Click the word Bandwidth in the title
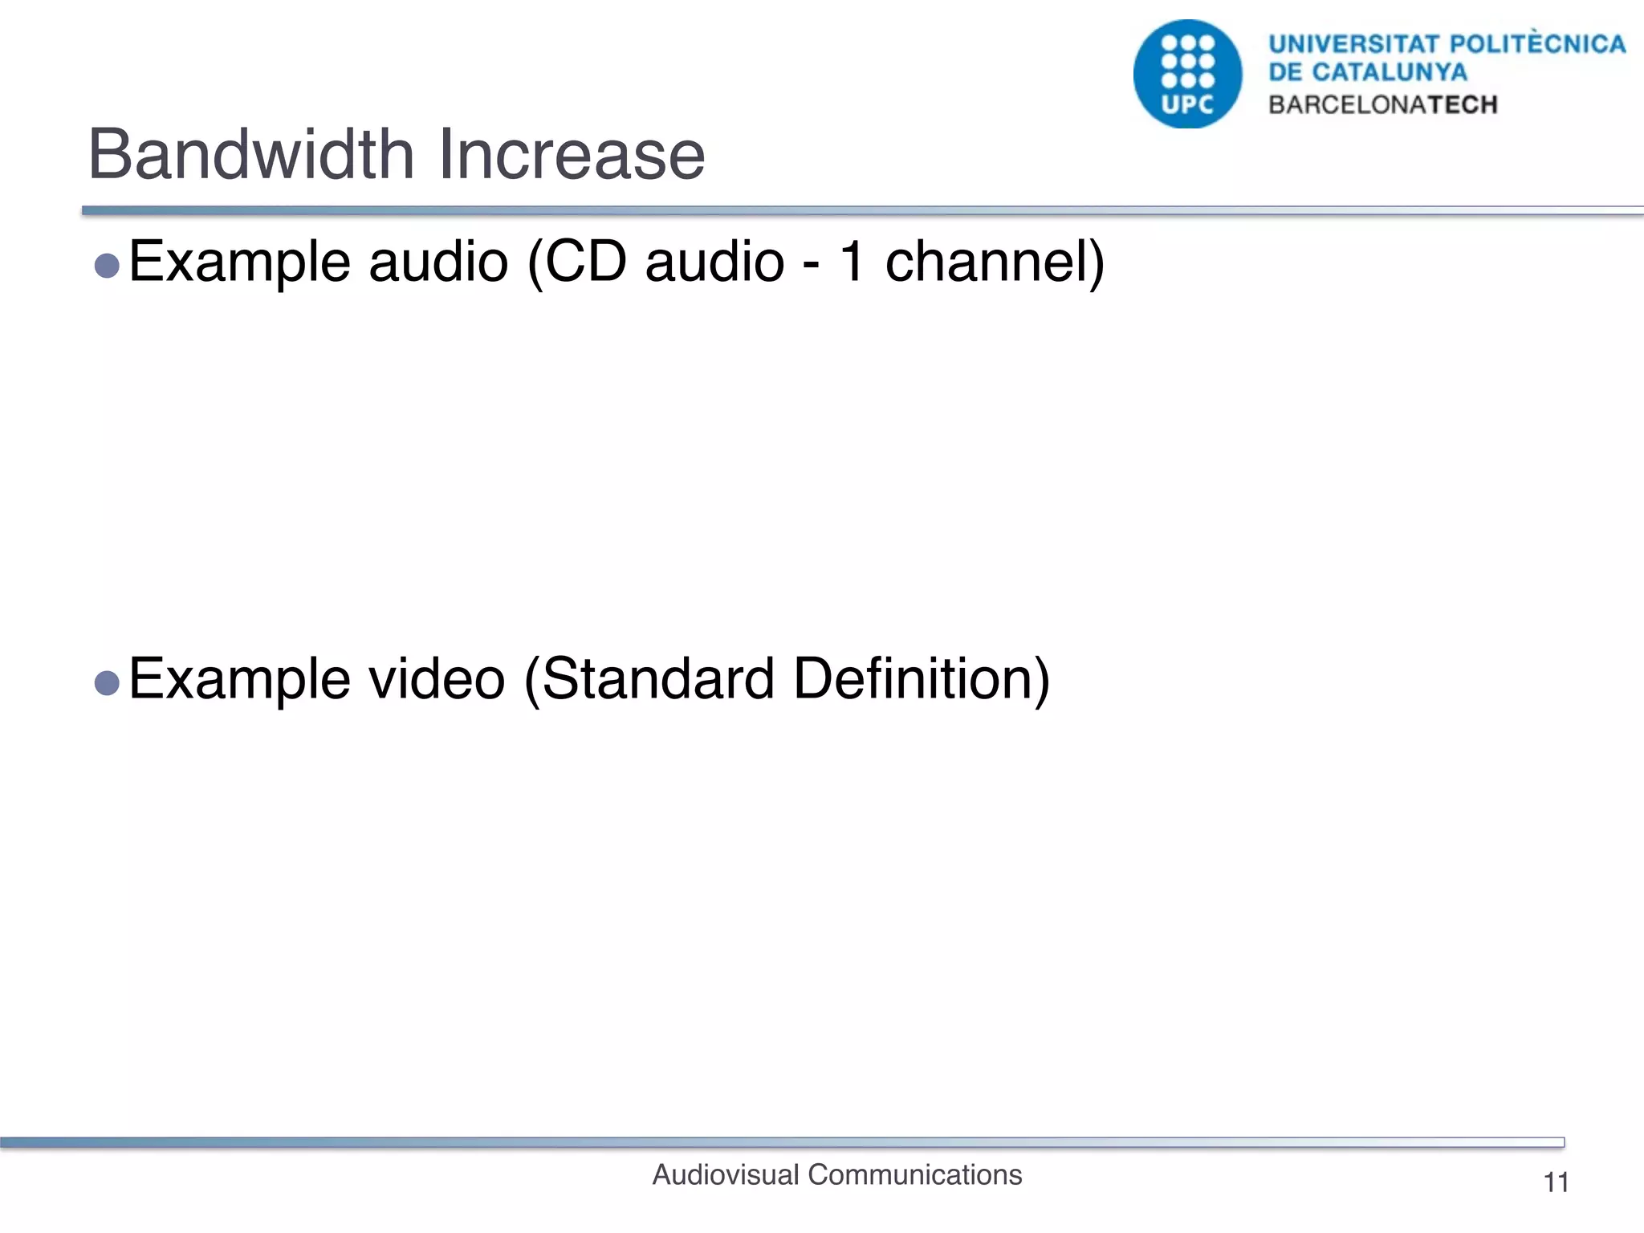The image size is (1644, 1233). point(250,154)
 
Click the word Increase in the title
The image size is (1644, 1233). point(572,154)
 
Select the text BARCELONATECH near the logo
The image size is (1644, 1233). point(1382,105)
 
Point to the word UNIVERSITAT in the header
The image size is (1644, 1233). point(1353,43)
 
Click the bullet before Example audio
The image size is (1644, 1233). point(107,266)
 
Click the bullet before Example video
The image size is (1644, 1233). point(107,683)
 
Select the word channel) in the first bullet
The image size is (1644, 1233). point(995,262)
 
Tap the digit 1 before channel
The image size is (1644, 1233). point(853,262)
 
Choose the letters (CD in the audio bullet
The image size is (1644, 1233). point(576,262)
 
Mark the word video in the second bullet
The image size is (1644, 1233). point(436,679)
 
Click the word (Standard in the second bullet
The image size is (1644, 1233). point(649,679)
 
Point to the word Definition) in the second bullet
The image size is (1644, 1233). point(921,679)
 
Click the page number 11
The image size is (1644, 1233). point(1556,1182)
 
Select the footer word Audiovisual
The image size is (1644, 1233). point(726,1175)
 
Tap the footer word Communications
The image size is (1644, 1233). point(914,1175)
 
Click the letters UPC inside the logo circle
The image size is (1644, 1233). point(1187,105)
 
